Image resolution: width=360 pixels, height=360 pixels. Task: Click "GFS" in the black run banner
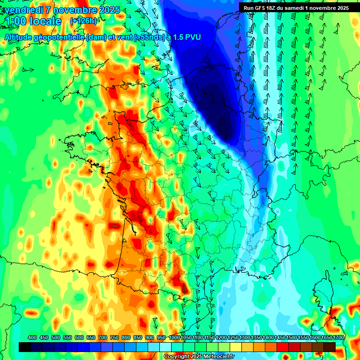pos(260,8)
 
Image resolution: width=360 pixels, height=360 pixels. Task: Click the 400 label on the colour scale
pos(32,337)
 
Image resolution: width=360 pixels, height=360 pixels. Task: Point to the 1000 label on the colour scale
pos(174,337)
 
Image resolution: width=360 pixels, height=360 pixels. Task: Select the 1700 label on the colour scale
pos(338,337)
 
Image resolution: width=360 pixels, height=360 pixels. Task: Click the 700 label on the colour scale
pos(103,337)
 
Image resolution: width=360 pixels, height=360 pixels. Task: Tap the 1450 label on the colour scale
pos(280,337)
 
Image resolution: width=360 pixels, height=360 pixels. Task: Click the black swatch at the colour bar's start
pos(25,347)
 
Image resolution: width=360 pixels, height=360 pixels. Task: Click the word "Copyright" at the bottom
pos(176,357)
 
